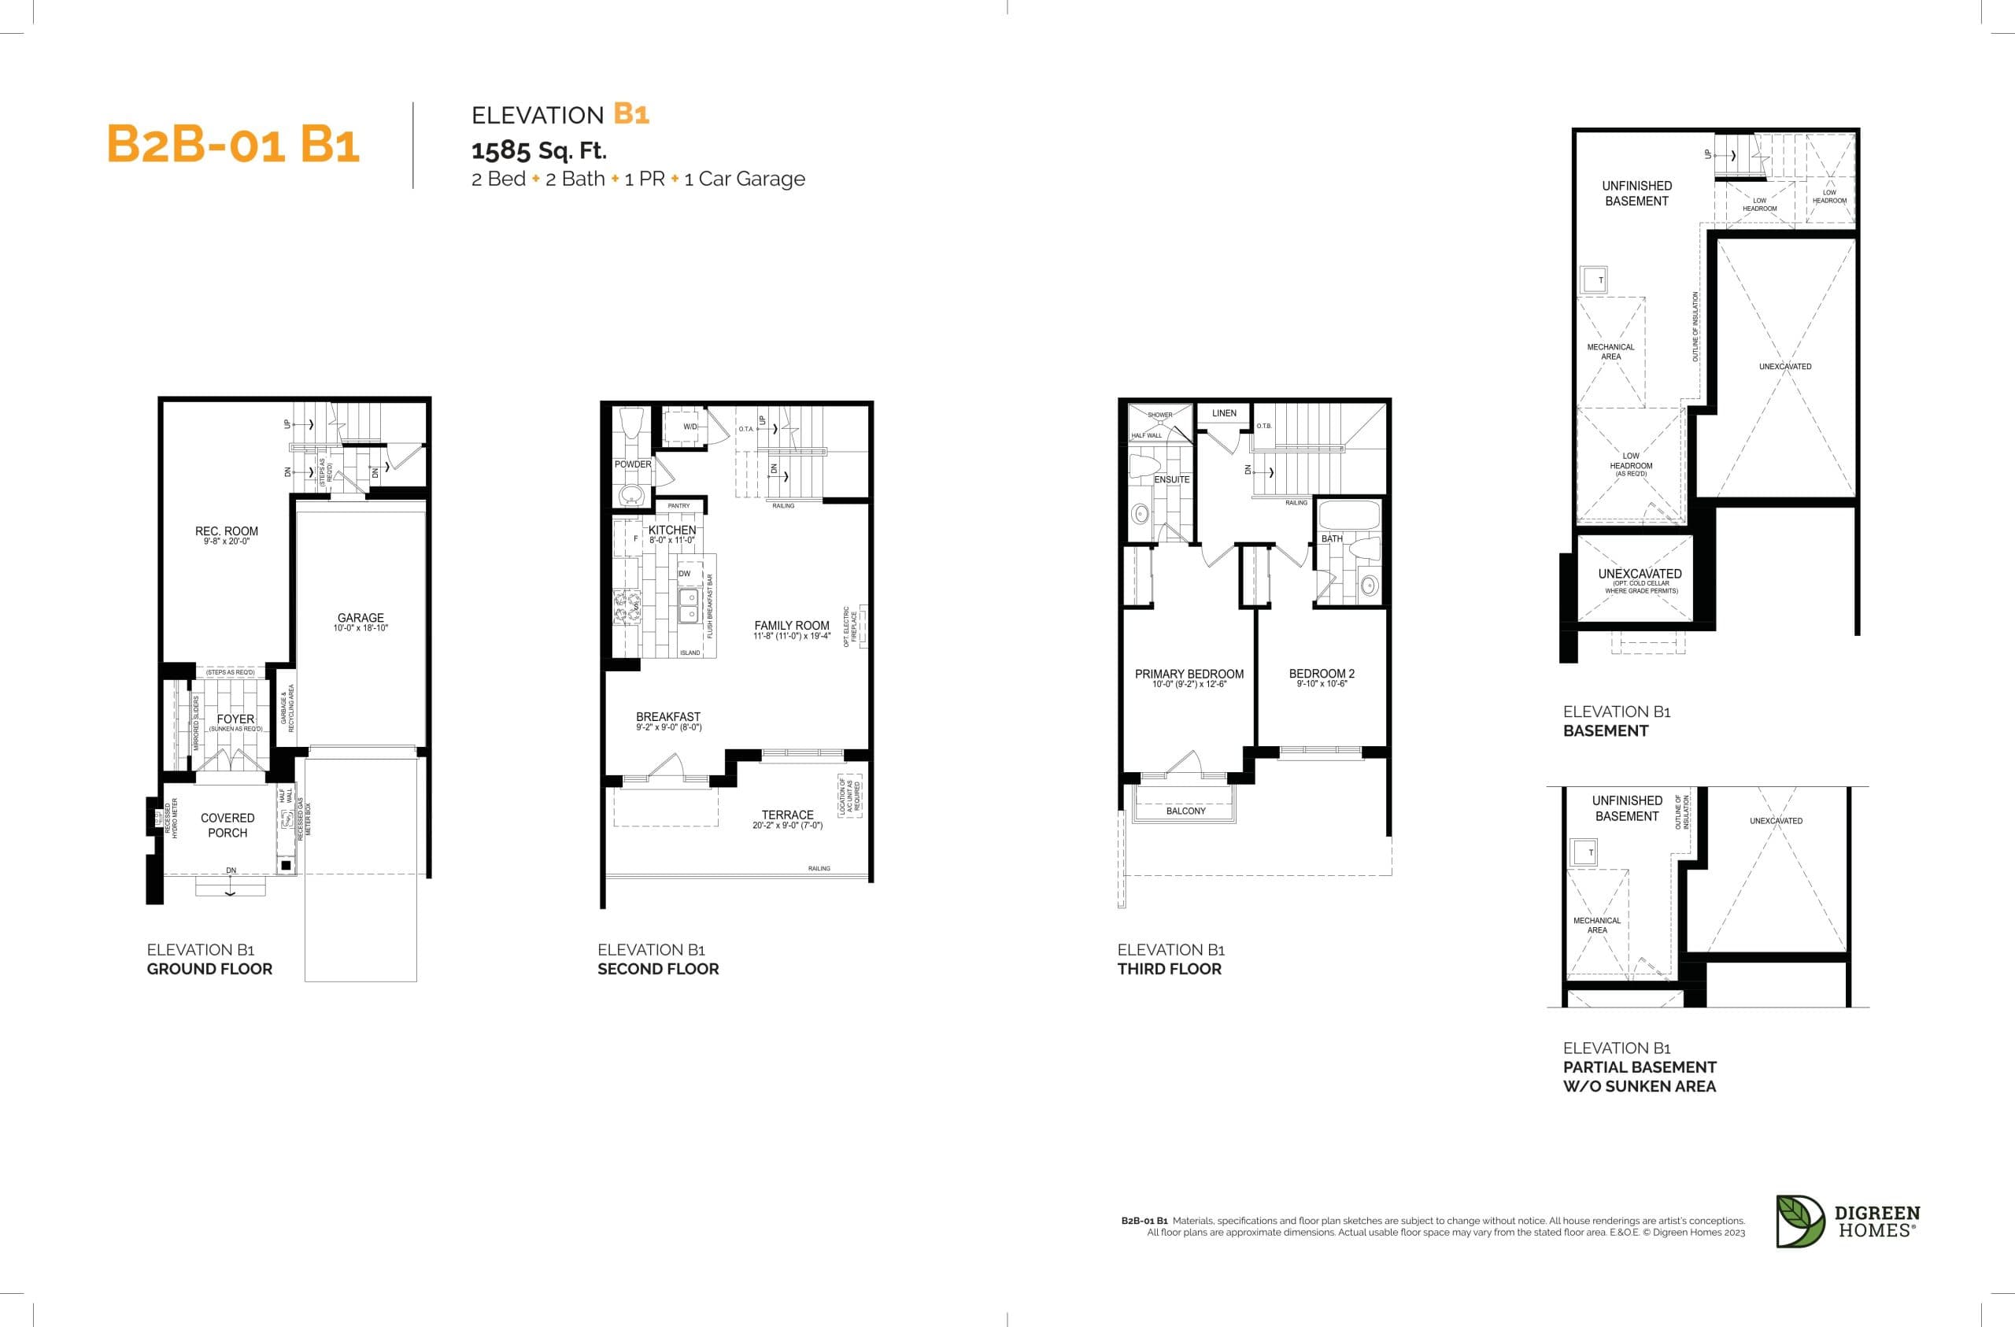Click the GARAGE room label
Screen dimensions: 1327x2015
click(360, 618)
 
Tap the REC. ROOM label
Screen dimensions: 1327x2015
click(226, 532)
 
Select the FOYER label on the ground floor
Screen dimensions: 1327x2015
click(235, 719)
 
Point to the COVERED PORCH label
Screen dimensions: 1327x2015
click(227, 825)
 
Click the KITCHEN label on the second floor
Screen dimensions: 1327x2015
click(672, 530)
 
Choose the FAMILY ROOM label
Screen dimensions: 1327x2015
click(792, 626)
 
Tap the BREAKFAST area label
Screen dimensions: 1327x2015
click(668, 716)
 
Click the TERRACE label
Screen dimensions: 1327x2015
click(787, 815)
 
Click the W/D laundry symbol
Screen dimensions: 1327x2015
click(690, 427)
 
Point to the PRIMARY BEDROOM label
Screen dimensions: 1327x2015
click(1189, 674)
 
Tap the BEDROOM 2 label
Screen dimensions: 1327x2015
click(1322, 674)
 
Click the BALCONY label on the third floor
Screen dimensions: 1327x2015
click(1185, 811)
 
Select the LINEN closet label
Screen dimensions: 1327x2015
click(1223, 413)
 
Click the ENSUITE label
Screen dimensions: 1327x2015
click(1172, 479)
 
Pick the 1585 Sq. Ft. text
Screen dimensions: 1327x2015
click(538, 151)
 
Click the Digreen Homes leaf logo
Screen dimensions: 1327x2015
click(1799, 1222)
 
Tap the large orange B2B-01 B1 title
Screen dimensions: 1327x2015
click(233, 144)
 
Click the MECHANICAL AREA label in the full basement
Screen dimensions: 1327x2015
click(1610, 352)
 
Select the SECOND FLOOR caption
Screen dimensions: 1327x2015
click(658, 969)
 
